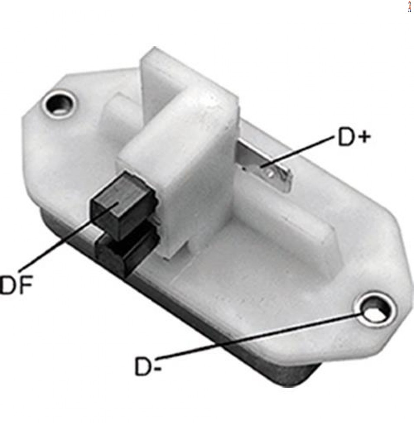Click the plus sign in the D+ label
(x=362, y=137)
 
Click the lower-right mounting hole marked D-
(x=374, y=310)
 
